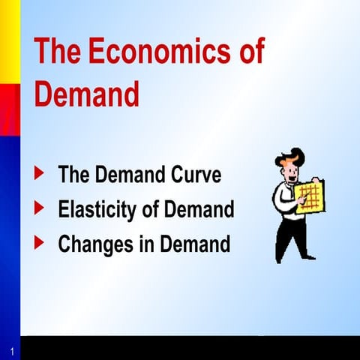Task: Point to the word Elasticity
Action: point(97,210)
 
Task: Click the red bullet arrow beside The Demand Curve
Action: point(40,174)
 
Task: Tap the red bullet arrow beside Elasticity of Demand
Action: point(40,208)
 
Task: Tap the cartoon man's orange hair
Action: point(291,157)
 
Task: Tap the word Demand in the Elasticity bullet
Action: point(199,210)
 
